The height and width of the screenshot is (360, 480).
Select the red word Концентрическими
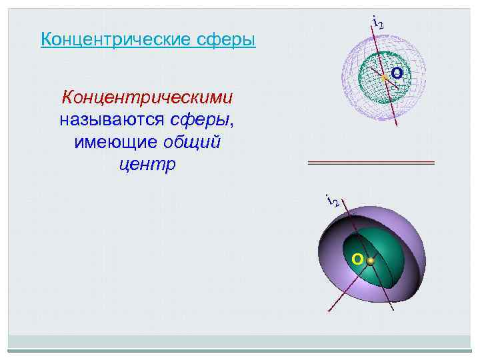(147, 98)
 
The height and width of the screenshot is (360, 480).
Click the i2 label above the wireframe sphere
(377, 22)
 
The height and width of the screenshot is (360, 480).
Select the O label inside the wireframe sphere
(396, 72)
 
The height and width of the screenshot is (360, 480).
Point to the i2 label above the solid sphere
(331, 198)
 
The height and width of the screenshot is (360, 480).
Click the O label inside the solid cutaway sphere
(357, 258)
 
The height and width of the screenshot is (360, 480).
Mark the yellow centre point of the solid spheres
(370, 262)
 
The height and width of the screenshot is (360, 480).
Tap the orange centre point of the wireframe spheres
(384, 78)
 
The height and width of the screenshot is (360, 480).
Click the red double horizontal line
(371, 163)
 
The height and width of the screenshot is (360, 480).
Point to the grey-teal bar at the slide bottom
(240, 351)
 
